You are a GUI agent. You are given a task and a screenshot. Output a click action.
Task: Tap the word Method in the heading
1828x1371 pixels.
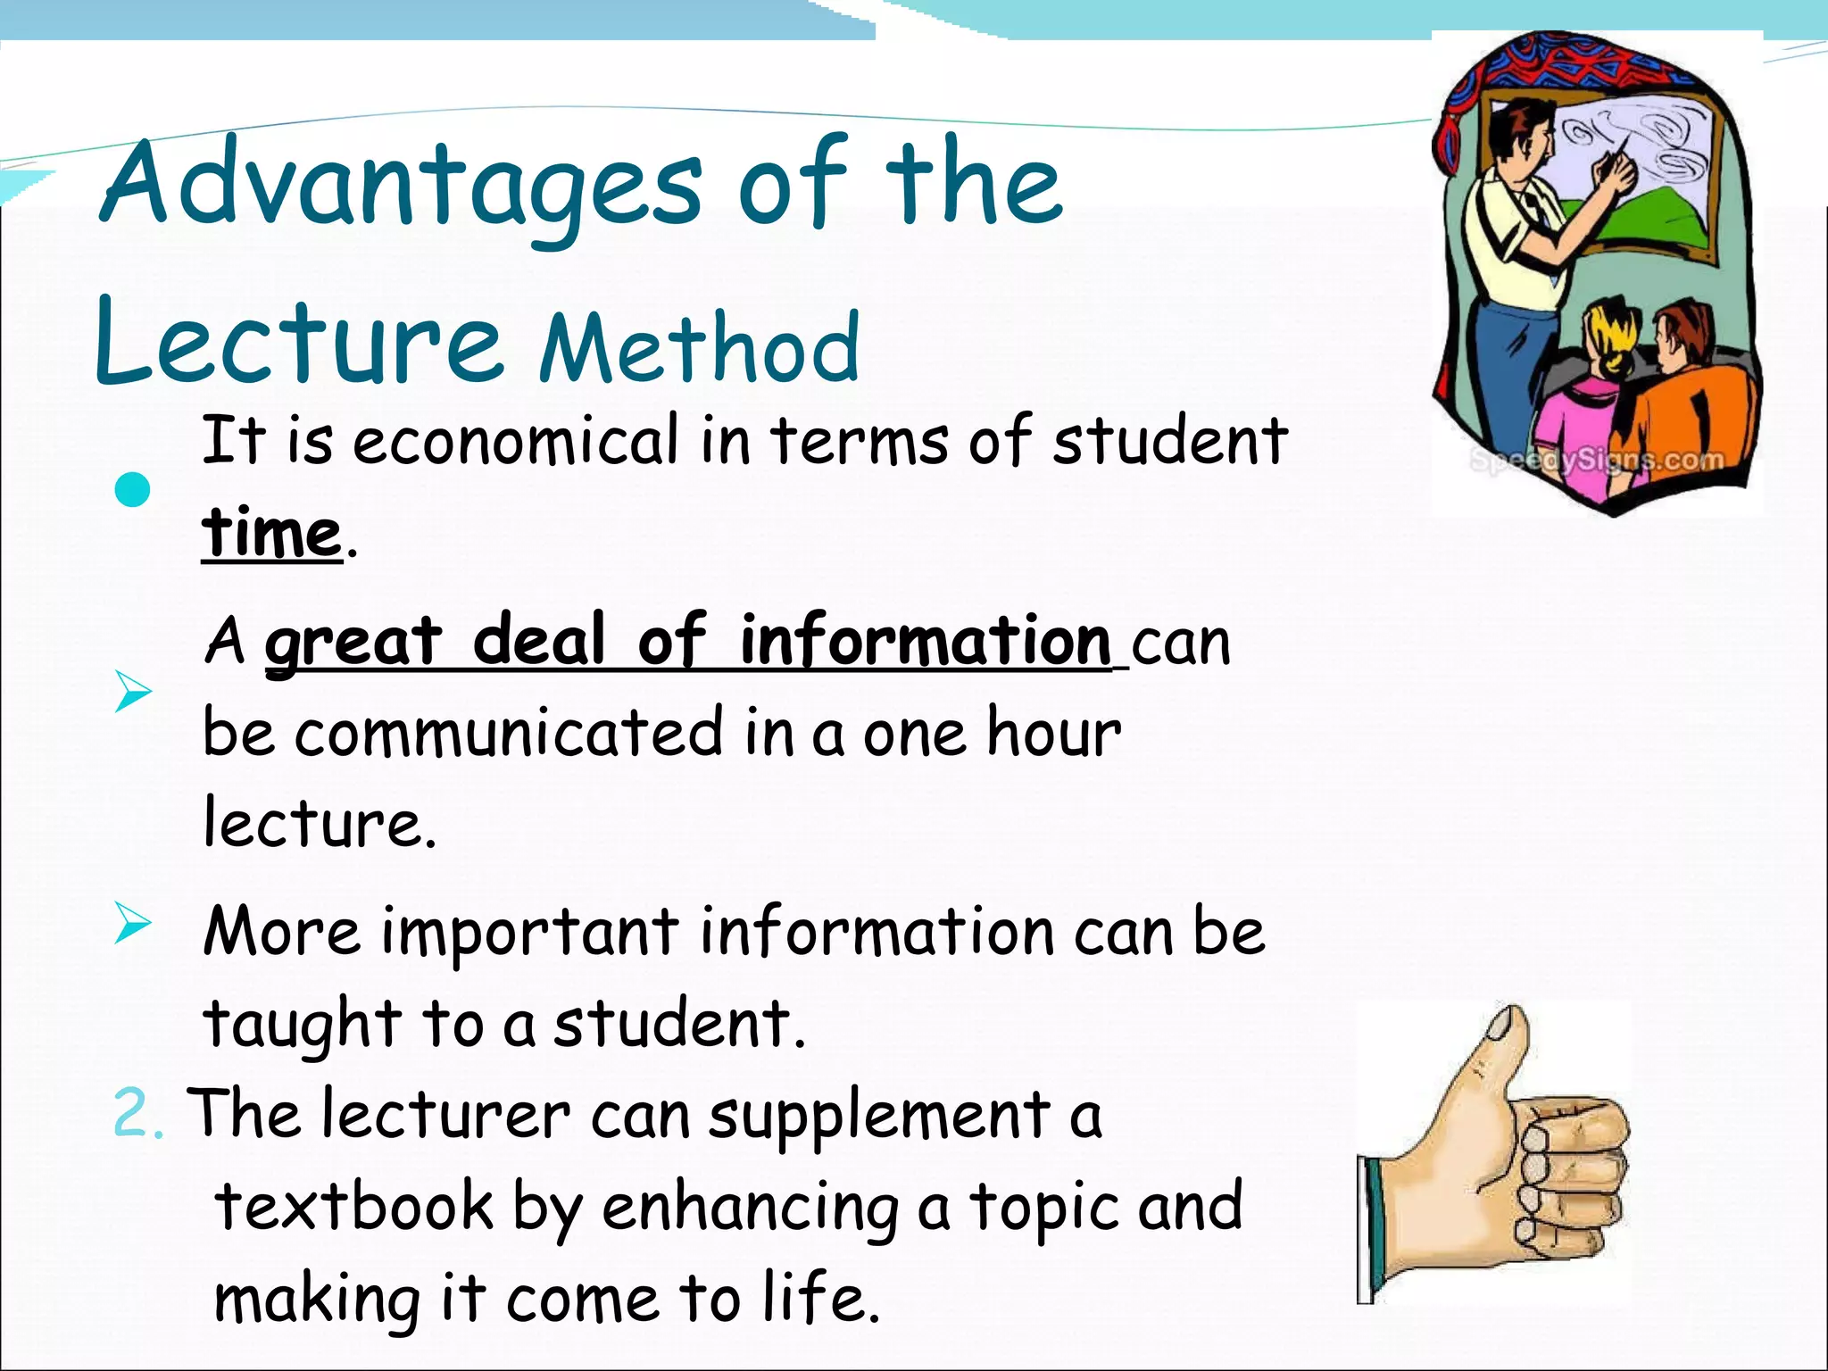pyautogui.click(x=700, y=348)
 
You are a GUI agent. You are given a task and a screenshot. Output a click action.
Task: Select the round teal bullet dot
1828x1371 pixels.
pyautogui.click(x=133, y=490)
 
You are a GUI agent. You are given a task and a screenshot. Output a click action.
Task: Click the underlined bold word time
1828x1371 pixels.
pyautogui.click(x=271, y=533)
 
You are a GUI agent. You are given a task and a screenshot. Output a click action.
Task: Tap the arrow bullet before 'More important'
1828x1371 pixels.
pyautogui.click(x=132, y=923)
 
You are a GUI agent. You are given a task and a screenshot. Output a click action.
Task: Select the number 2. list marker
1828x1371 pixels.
pyautogui.click(x=139, y=1116)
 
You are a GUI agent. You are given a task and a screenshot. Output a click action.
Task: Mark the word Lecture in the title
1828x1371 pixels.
pyautogui.click(x=298, y=344)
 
